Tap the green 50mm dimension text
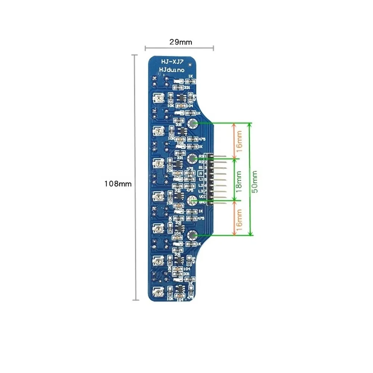pos(255,181)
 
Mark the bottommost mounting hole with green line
pos(192,235)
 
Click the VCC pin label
pos(202,197)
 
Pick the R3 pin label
pos(202,156)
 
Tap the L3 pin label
pos(201,191)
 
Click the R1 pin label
pos(201,168)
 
